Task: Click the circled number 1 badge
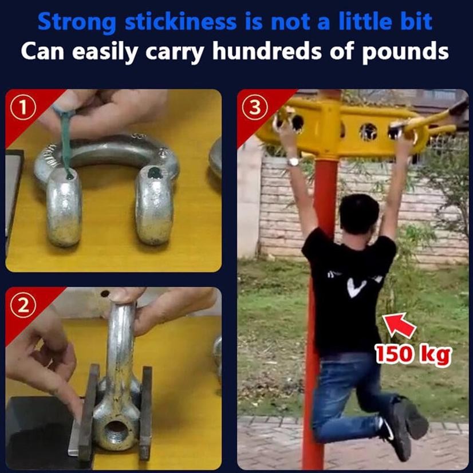click(23, 107)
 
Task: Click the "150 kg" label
click(413, 354)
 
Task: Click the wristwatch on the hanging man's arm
click(293, 161)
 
